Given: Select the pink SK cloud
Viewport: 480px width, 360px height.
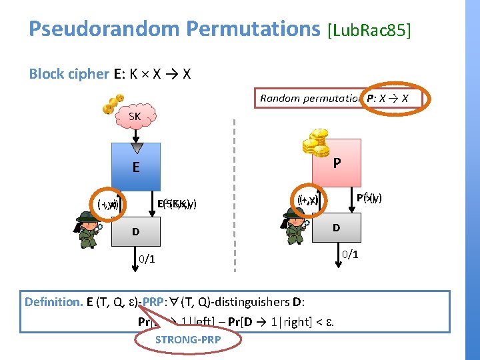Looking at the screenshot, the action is [135, 117].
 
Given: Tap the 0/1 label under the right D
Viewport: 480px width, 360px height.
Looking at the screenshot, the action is [349, 253].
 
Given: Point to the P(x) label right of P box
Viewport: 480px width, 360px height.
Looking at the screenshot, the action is [369, 197].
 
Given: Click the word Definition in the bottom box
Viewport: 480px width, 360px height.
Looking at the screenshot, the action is [53, 302].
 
